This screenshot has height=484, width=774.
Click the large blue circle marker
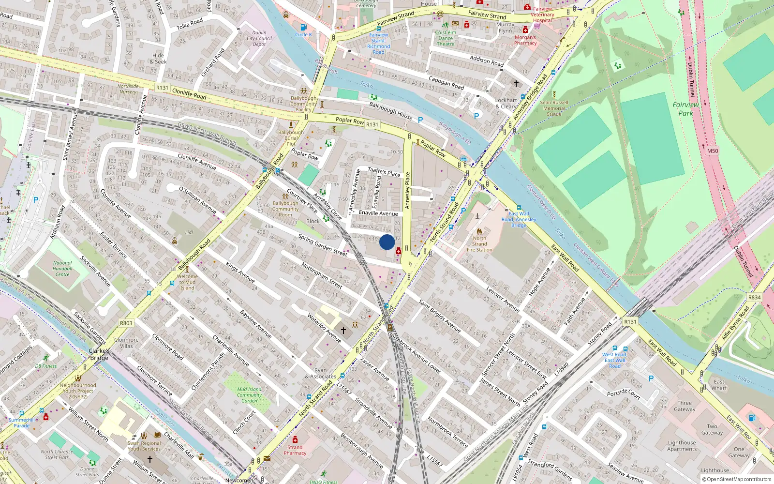pos(387,242)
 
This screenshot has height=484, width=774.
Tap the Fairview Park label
pos(685,109)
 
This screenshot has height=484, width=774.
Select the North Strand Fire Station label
pos(479,244)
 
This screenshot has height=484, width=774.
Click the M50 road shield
pos(713,151)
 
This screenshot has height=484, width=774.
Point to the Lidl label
pos(189,233)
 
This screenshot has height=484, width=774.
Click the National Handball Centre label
pos(62,269)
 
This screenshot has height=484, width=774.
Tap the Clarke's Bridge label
pos(99,354)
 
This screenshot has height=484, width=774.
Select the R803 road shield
pos(126,323)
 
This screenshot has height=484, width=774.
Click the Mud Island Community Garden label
pos(249,395)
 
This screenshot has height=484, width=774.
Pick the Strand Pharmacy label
pos(295,450)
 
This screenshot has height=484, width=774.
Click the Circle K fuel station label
pos(303,34)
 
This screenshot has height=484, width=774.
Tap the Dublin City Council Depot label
pos(259,38)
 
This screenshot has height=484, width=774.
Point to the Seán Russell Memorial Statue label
pos(554,108)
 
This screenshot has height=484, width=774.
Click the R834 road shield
pos(754,298)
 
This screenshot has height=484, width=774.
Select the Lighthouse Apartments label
pos(682,446)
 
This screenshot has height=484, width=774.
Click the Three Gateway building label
pos(685,406)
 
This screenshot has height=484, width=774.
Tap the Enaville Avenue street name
pos(378,213)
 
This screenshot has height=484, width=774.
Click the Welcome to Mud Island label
pos(187,282)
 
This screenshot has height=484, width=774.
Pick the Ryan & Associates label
pos(320,373)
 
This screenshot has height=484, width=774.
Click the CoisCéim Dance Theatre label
pos(446,38)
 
